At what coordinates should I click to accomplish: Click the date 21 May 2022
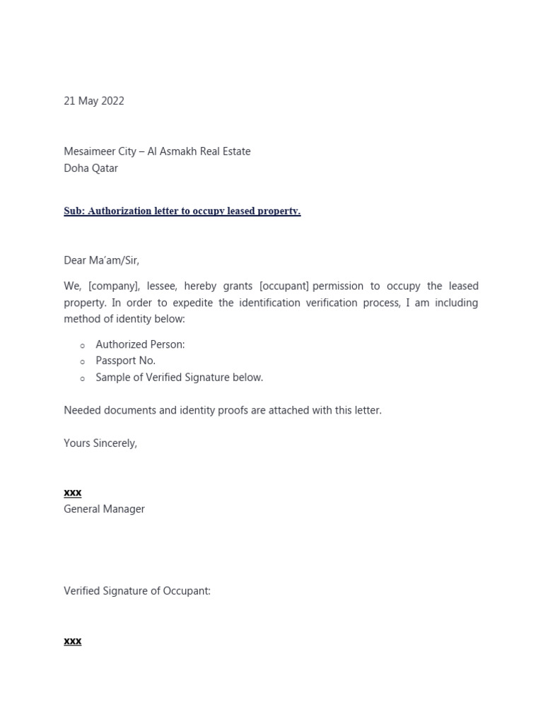93,101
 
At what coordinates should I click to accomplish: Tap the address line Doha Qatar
90,168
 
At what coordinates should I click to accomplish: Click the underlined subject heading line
182,211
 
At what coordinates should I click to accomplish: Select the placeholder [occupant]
284,286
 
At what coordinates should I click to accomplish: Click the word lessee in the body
163,286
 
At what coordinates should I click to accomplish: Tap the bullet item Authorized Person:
140,344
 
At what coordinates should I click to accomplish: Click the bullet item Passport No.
125,361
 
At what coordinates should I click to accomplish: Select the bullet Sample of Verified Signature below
179,378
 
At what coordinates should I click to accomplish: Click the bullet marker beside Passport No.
83,362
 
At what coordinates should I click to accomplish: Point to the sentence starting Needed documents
222,410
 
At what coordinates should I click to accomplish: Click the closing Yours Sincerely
100,443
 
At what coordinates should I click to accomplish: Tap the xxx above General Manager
72,492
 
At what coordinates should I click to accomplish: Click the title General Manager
104,508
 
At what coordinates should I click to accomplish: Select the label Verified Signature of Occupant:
136,591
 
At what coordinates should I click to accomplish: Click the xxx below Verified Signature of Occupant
72,641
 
